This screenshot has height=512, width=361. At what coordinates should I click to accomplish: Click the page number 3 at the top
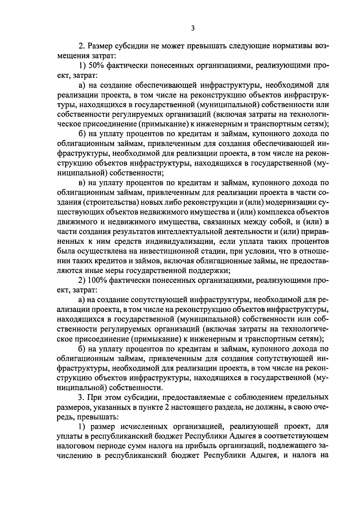(x=193, y=28)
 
